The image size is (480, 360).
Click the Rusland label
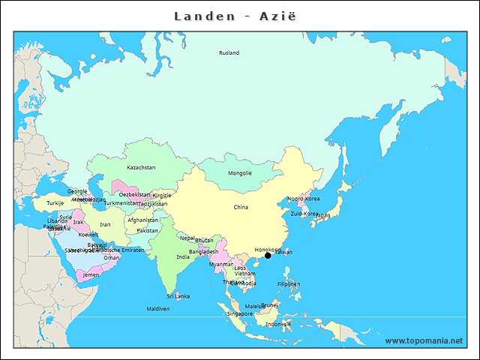coord(229,53)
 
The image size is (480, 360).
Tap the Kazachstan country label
coord(141,167)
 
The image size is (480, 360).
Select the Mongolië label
coord(240,173)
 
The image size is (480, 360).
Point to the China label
coord(241,207)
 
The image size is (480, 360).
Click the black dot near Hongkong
coord(268,256)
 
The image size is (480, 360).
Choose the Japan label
coord(322,215)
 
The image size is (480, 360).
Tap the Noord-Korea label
coord(304,199)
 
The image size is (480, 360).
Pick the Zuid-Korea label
coord(304,214)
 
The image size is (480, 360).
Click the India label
coord(183,256)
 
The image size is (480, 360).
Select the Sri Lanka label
coord(178,296)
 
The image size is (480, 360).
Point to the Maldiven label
coord(158,308)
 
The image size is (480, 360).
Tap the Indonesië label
coord(278,324)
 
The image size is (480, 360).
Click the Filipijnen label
coord(289,284)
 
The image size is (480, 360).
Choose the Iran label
coord(105,224)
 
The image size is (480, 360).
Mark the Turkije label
coord(55,203)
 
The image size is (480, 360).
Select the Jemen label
coord(91,275)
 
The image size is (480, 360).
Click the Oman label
coord(112,257)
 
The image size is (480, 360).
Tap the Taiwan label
coord(283,252)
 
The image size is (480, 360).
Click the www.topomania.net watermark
coord(424,341)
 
